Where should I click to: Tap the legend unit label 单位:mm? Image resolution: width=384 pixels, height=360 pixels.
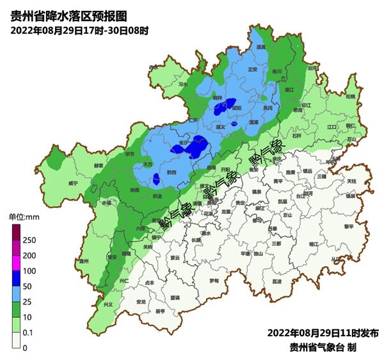click(24, 218)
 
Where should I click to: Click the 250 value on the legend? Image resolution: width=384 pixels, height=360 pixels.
click(29, 240)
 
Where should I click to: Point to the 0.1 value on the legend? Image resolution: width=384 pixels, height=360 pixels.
click(29, 333)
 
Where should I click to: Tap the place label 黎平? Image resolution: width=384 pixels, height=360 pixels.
click(348, 226)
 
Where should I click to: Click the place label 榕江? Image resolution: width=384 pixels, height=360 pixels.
click(314, 244)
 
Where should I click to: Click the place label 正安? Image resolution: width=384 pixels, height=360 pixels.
click(252, 68)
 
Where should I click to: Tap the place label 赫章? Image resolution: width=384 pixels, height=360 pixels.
click(99, 165)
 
